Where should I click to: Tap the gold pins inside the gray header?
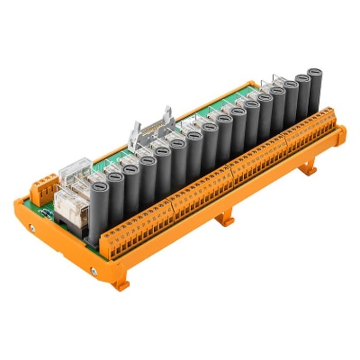tap(150, 127)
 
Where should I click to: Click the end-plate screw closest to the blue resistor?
tap(32, 227)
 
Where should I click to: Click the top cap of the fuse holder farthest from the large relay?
tap(315, 73)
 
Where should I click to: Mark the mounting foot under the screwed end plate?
tap(120, 284)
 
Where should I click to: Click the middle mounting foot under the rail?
tap(225, 220)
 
